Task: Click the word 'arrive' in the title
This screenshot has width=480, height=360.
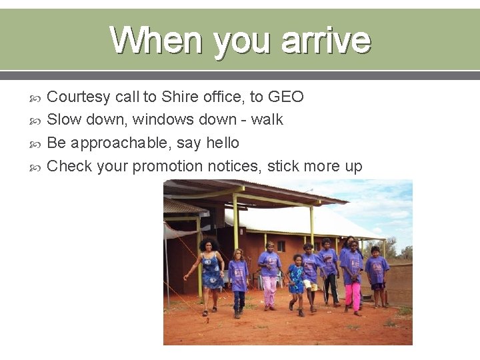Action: pyautogui.click(x=325, y=40)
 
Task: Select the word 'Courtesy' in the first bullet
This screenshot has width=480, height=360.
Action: pyautogui.click(x=79, y=97)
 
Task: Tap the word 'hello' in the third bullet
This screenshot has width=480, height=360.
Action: pyautogui.click(x=222, y=143)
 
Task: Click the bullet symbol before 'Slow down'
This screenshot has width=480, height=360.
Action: pyautogui.click(x=36, y=121)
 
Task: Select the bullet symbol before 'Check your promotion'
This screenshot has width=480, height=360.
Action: pyautogui.click(x=36, y=167)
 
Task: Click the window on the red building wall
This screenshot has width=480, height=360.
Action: pyautogui.click(x=281, y=246)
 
